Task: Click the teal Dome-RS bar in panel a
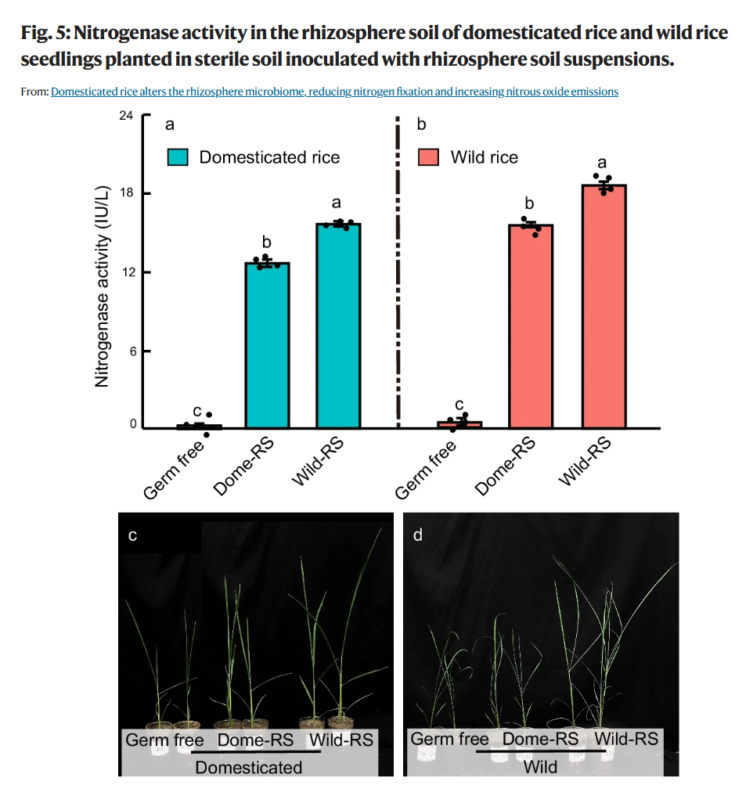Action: (x=267, y=345)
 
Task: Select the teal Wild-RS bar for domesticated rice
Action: (x=338, y=326)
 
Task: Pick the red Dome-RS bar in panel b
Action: (x=531, y=326)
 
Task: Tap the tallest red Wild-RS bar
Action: (x=604, y=307)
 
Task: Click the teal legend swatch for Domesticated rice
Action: (x=178, y=157)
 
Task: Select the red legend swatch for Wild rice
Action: (x=428, y=157)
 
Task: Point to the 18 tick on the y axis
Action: (x=146, y=193)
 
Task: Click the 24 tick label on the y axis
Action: (x=126, y=116)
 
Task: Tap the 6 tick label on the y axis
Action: (x=133, y=351)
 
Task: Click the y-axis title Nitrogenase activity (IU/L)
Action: (x=102, y=287)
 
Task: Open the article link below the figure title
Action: (x=334, y=92)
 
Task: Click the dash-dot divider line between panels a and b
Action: (x=398, y=272)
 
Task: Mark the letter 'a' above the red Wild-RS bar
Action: (x=602, y=163)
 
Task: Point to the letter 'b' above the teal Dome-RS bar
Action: (x=267, y=242)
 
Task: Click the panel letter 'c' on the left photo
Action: (x=133, y=535)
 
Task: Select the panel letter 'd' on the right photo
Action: (x=418, y=534)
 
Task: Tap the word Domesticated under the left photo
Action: (x=249, y=767)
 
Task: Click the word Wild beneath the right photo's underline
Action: (x=540, y=767)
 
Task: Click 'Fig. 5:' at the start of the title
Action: (x=45, y=34)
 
